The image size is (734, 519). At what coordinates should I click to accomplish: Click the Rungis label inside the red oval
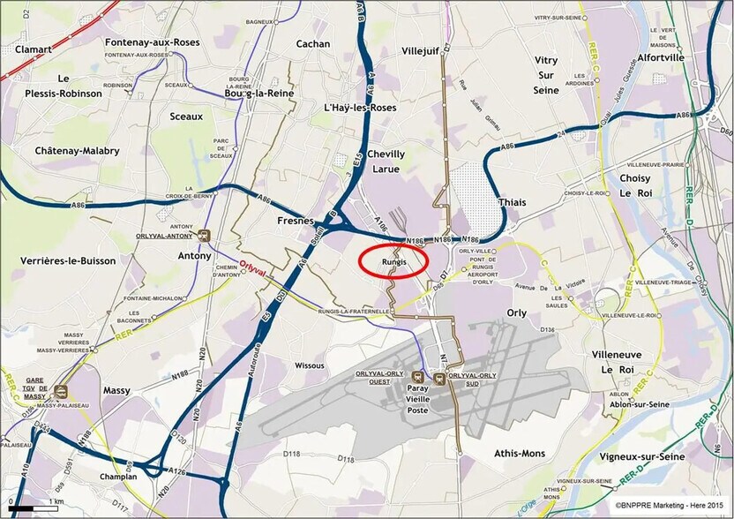click(393, 262)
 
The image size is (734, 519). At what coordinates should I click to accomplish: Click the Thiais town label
click(512, 202)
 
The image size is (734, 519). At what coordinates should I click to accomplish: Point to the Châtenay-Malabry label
click(77, 151)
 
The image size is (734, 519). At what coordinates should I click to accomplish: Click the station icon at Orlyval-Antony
click(205, 236)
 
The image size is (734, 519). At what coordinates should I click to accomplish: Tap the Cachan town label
click(313, 43)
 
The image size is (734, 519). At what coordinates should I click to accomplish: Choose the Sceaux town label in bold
click(186, 116)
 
